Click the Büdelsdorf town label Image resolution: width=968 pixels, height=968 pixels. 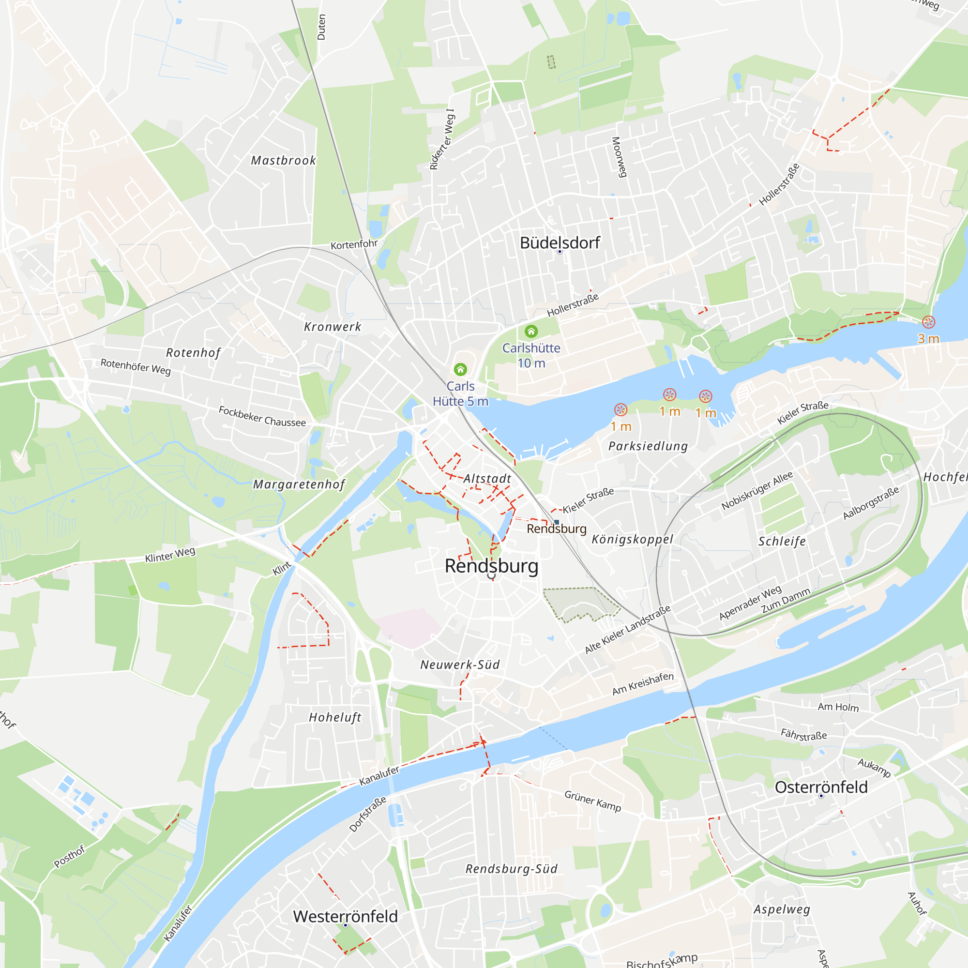[560, 243]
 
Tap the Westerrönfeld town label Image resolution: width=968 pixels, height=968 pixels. [345, 916]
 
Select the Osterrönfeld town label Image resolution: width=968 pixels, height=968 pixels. [821, 787]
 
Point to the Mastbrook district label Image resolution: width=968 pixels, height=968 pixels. [284, 160]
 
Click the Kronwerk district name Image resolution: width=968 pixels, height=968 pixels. [333, 327]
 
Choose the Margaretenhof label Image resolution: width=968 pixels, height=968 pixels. [299, 484]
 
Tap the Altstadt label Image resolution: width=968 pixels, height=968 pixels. [487, 479]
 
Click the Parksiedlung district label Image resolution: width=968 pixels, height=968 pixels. [648, 446]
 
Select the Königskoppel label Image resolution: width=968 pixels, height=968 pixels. [632, 539]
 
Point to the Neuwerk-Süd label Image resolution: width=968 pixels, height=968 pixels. [460, 665]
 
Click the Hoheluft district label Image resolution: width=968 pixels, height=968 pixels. [335, 717]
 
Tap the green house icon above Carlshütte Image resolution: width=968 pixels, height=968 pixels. [531, 331]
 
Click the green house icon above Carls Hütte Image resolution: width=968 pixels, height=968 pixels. [460, 370]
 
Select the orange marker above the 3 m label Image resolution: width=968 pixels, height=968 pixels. [928, 322]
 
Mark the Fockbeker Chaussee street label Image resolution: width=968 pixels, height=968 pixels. [262, 416]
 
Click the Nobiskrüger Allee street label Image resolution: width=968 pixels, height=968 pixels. [757, 490]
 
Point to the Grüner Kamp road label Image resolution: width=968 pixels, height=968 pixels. [593, 801]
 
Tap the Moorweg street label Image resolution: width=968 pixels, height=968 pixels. [620, 157]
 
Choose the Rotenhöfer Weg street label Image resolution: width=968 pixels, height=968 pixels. [136, 366]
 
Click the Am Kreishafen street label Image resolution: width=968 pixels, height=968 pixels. [643, 684]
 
